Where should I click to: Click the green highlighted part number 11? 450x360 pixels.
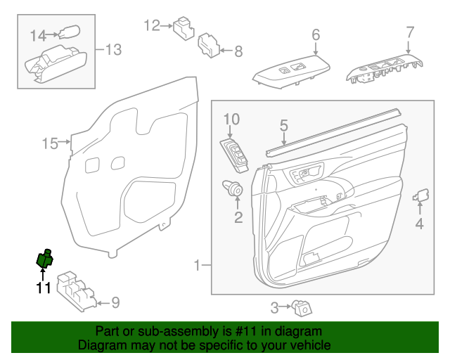(45, 260)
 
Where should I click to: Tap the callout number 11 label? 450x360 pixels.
(44, 288)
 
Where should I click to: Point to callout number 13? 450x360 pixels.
(113, 49)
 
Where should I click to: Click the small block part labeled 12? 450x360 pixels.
(184, 28)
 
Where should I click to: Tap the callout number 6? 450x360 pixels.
(316, 34)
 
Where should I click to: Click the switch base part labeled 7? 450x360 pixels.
(384, 71)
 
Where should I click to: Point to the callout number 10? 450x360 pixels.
(232, 119)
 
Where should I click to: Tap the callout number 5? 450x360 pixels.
(284, 126)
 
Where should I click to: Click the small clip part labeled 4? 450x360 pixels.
(423, 195)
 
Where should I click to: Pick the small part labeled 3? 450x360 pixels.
(304, 307)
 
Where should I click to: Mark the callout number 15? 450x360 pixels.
(49, 144)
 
